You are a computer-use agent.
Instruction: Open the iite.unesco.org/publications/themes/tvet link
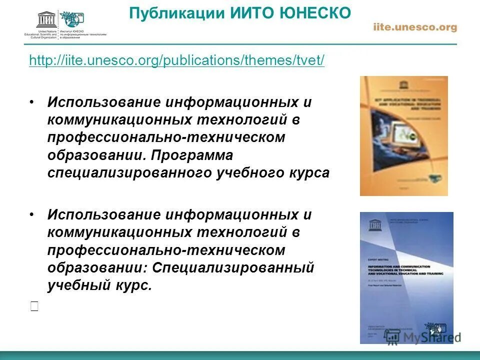177,60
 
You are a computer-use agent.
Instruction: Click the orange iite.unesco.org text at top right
415,27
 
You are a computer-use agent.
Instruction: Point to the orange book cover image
403,135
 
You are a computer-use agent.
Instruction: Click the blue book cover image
406,277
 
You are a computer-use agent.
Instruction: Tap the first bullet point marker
32,102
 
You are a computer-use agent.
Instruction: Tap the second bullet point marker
32,215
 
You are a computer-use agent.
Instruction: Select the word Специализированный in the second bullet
233,267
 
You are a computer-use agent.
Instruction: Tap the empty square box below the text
34,307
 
